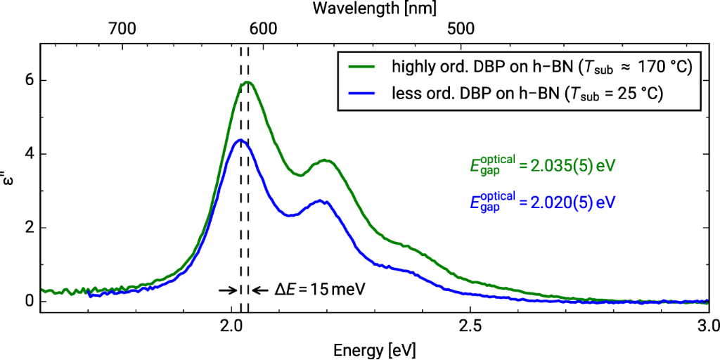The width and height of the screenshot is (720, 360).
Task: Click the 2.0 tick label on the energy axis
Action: click(231, 326)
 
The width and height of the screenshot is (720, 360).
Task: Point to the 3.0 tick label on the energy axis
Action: click(706, 326)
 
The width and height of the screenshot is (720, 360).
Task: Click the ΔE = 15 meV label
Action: click(321, 289)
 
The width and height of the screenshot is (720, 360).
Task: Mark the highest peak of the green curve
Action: click(247, 82)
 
